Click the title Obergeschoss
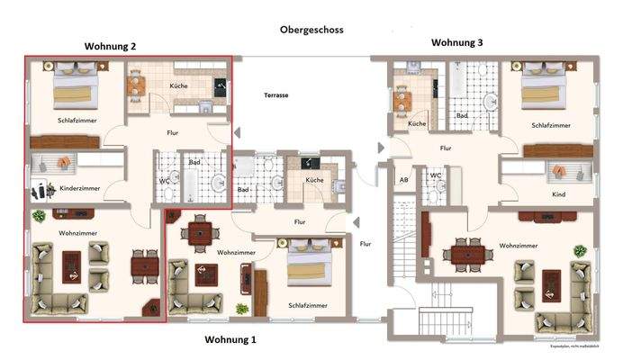(x=311, y=30)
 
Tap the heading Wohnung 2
(x=110, y=46)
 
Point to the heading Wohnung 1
(x=230, y=339)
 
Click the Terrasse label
(x=275, y=94)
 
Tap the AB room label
(x=402, y=180)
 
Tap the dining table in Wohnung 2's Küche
(x=135, y=86)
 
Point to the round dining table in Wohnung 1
(x=199, y=232)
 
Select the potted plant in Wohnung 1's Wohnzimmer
(x=240, y=309)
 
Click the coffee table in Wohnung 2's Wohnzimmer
(x=72, y=267)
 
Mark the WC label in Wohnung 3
(x=434, y=175)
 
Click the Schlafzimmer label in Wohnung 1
(x=307, y=306)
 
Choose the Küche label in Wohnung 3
(x=416, y=123)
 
